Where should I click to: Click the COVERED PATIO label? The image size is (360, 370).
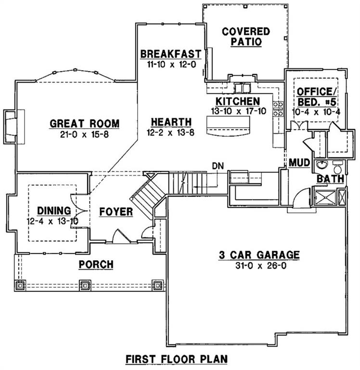click(245, 37)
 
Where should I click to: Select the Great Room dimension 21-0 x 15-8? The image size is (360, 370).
click(85, 134)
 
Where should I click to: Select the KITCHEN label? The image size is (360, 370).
click(237, 102)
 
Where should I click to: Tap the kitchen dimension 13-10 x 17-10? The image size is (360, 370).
click(237, 111)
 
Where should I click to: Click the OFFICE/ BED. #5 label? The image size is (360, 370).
click(314, 96)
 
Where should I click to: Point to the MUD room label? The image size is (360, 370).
click(298, 162)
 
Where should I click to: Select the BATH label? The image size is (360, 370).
click(330, 179)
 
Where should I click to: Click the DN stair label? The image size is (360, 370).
click(218, 166)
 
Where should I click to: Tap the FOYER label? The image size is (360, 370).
click(116, 212)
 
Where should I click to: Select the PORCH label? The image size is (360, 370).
click(96, 264)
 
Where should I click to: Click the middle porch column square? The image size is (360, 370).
click(85, 285)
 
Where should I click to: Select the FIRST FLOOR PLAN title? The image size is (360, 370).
click(176, 359)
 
